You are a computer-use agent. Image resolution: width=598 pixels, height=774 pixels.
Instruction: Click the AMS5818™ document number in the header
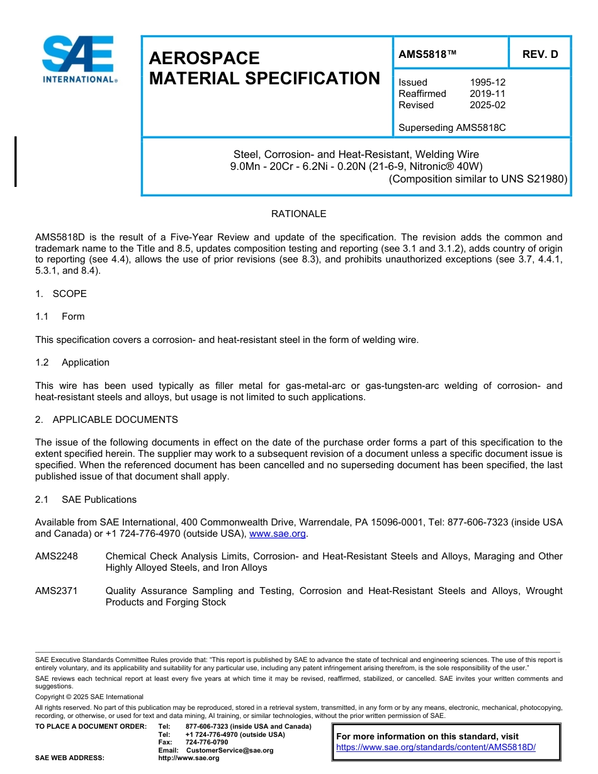pos(427,55)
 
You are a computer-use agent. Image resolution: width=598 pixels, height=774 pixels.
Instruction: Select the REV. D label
pos(539,55)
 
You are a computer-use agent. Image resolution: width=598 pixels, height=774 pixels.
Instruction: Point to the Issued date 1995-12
pos(487,82)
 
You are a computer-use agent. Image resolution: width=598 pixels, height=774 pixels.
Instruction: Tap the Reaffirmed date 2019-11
pos(487,94)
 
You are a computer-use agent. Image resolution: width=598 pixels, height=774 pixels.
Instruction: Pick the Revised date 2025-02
pos(487,105)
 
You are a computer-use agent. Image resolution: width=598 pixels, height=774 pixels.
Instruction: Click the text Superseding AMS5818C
pos(452,128)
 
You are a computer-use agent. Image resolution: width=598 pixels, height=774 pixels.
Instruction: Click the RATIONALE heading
pos(298,214)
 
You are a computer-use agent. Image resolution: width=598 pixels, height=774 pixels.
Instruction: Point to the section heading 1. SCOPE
pos(61,294)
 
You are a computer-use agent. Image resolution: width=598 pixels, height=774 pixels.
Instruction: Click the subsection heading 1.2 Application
pos(72,362)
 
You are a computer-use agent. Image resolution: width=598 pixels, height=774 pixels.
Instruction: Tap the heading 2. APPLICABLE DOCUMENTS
pos(106,420)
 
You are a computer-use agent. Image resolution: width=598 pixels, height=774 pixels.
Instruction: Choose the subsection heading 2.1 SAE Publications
pos(86,500)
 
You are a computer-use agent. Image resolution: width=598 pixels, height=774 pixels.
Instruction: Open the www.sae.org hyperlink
pos(278,534)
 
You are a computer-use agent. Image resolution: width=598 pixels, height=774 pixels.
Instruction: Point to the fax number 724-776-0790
pos(207,743)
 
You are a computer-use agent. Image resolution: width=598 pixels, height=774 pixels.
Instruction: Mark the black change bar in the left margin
pos(16,161)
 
